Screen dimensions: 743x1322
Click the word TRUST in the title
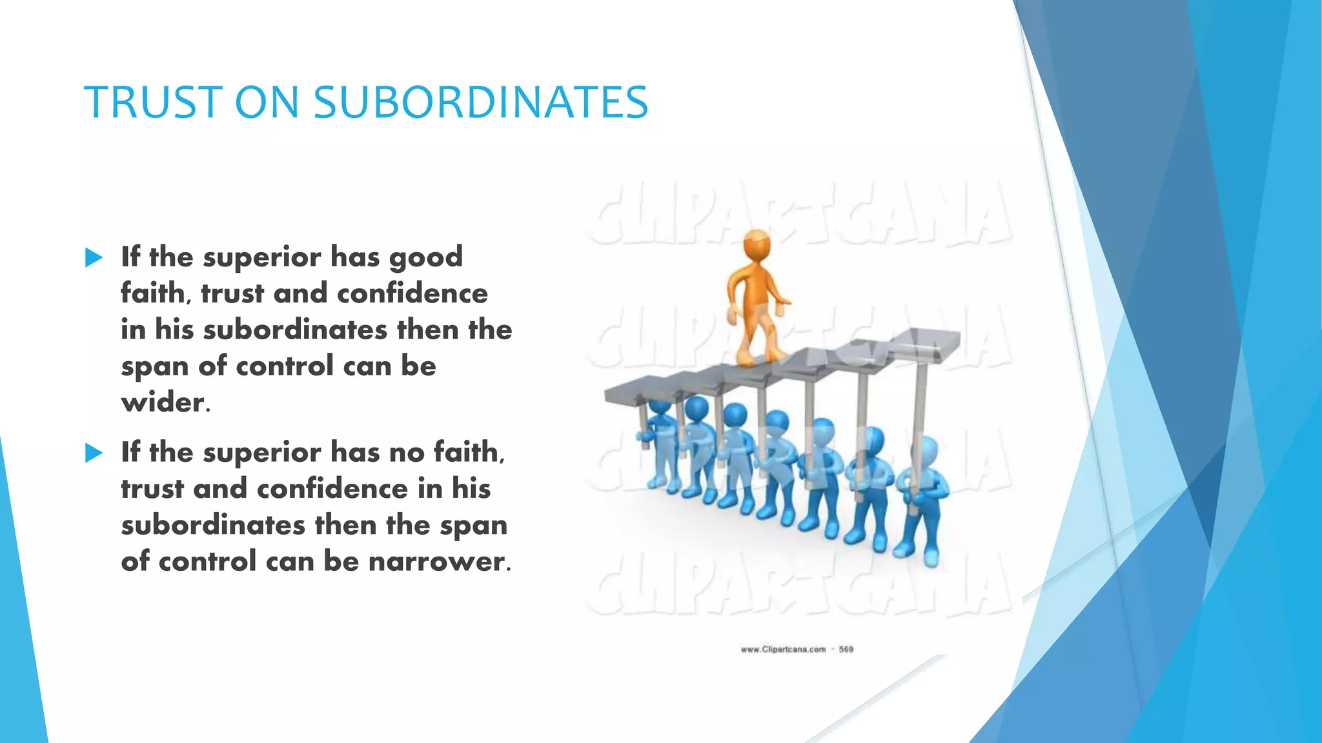(152, 103)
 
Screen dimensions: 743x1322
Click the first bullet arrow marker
(94, 258)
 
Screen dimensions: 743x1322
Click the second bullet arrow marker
(94, 453)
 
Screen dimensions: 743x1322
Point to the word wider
(165, 403)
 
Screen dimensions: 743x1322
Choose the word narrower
(439, 562)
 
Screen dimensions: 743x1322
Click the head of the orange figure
(756, 245)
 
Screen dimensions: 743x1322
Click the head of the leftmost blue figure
(659, 409)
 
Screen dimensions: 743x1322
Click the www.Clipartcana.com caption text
(783, 649)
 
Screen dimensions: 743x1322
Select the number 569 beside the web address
(846, 649)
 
